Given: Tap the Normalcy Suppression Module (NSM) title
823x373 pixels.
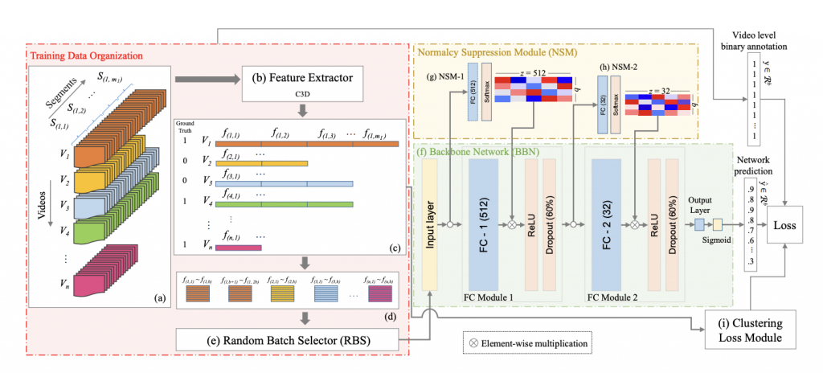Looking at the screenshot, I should [489, 51].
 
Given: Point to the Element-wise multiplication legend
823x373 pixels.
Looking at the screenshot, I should [526, 343].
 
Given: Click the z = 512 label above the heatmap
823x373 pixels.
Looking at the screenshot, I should [534, 72].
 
